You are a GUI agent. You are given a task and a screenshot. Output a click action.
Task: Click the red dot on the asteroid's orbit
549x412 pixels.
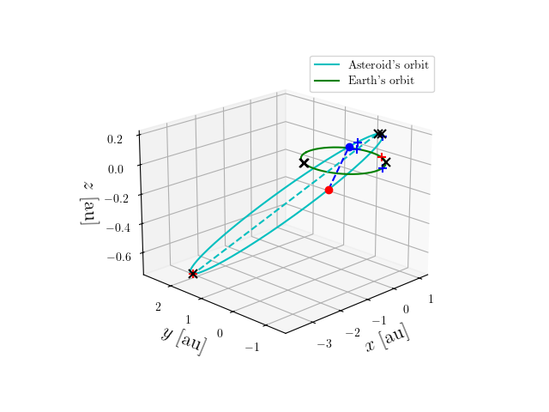pyautogui.click(x=329, y=190)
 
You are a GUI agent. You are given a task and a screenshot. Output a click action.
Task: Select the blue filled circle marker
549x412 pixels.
pyautogui.click(x=349, y=148)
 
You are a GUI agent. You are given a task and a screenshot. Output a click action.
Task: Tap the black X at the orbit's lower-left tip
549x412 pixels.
pyautogui.click(x=193, y=274)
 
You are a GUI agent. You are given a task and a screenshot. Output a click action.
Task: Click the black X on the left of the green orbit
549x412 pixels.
pyautogui.click(x=304, y=163)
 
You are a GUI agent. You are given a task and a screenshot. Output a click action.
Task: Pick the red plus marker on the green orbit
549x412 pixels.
pyautogui.click(x=381, y=157)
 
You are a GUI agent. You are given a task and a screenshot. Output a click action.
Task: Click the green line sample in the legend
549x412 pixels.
pyautogui.click(x=327, y=81)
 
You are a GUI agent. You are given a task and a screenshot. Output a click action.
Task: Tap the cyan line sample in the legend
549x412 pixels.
pyautogui.click(x=327, y=65)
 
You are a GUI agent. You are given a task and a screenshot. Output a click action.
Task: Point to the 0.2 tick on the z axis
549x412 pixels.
pyautogui.click(x=116, y=138)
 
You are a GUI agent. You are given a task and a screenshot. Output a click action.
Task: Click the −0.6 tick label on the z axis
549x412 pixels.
pyautogui.click(x=119, y=257)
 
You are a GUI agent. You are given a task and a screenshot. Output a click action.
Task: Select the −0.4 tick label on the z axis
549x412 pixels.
pyautogui.click(x=118, y=227)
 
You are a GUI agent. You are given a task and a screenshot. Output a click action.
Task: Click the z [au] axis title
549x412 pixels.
pyautogui.click(x=87, y=202)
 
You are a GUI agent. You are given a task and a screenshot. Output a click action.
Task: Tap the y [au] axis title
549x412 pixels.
pyautogui.click(x=183, y=340)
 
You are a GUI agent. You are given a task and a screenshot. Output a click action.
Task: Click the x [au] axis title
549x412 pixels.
pyautogui.click(x=387, y=339)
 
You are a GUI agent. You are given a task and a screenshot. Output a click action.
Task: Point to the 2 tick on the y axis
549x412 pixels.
pyautogui.click(x=158, y=306)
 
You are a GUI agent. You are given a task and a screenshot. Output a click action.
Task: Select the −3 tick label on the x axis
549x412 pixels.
pyautogui.click(x=324, y=344)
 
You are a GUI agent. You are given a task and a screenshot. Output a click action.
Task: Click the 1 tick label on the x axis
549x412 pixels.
pyautogui.click(x=430, y=299)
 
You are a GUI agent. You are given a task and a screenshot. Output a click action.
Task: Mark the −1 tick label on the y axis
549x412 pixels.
pyautogui.click(x=251, y=347)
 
